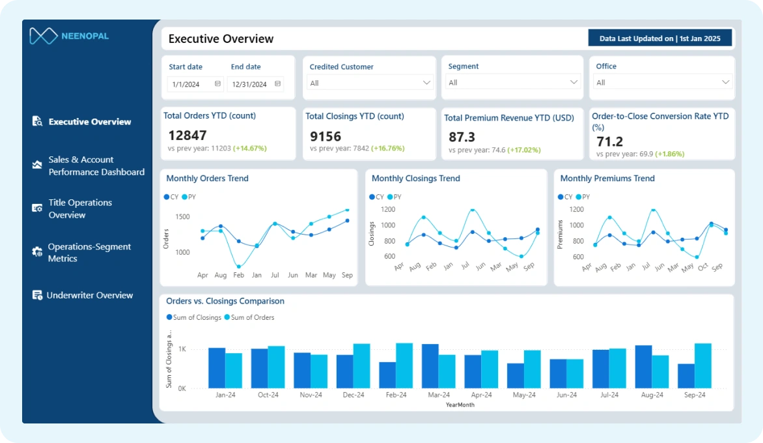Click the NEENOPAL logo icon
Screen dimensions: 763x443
pos(44,36)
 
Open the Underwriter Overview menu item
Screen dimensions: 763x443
pos(90,295)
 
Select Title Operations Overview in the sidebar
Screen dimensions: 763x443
pos(80,208)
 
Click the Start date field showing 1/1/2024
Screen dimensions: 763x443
pos(195,84)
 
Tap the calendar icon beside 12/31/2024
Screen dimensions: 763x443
pos(278,84)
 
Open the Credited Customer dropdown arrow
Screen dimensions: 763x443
pos(427,83)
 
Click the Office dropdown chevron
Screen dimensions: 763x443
pos(725,82)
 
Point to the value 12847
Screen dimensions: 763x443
pos(187,135)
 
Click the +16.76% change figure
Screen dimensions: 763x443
pos(388,149)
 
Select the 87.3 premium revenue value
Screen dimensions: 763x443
pos(462,137)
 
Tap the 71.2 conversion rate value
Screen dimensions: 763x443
pos(610,141)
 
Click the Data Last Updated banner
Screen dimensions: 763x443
pos(660,38)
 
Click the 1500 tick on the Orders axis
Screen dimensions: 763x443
pos(182,217)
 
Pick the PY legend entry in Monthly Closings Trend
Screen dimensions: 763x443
pos(395,197)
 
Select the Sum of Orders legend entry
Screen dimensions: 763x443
pos(249,317)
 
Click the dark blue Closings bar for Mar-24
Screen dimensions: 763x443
pos(430,366)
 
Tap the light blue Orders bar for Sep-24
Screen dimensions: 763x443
pos(702,365)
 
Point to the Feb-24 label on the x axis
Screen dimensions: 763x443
pos(396,395)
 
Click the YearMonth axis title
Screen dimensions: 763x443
pos(460,405)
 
